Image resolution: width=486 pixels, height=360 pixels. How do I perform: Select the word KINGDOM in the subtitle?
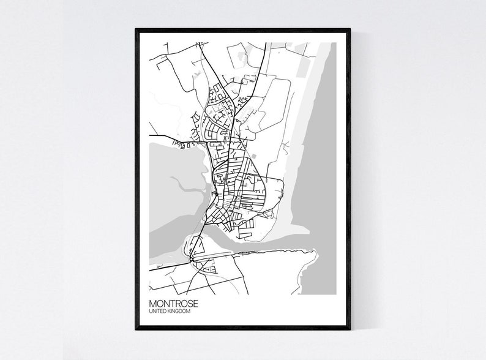point(179,312)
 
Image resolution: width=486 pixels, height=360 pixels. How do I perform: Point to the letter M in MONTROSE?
point(152,303)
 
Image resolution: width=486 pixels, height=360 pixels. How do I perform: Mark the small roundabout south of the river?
point(192,260)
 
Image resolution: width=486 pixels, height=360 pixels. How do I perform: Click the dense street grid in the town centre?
point(236,190)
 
